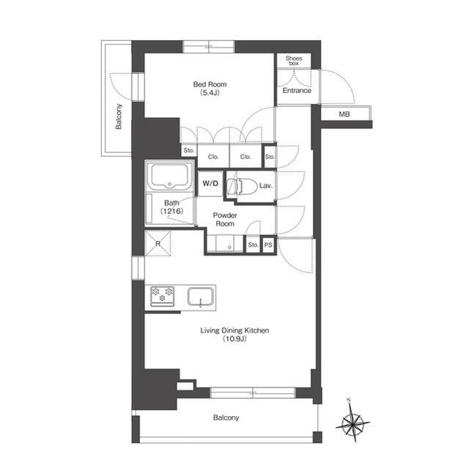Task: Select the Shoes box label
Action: pyautogui.click(x=293, y=61)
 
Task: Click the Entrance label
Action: pyautogui.click(x=296, y=91)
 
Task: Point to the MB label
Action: pyautogui.click(x=344, y=115)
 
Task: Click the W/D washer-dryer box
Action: pyautogui.click(x=210, y=183)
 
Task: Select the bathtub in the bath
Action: pyautogui.click(x=169, y=178)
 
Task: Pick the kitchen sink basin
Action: pyautogui.click(x=200, y=297)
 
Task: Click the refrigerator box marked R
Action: pyautogui.click(x=157, y=243)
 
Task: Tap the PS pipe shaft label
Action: pyautogui.click(x=268, y=245)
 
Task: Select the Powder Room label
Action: pyautogui.click(x=224, y=220)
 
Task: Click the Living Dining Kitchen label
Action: pyautogui.click(x=234, y=331)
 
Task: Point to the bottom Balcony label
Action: pyautogui.click(x=226, y=418)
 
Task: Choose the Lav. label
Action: pyautogui.click(x=266, y=187)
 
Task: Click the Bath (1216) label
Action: pyautogui.click(x=172, y=207)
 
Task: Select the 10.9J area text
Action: pyautogui.click(x=234, y=340)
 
